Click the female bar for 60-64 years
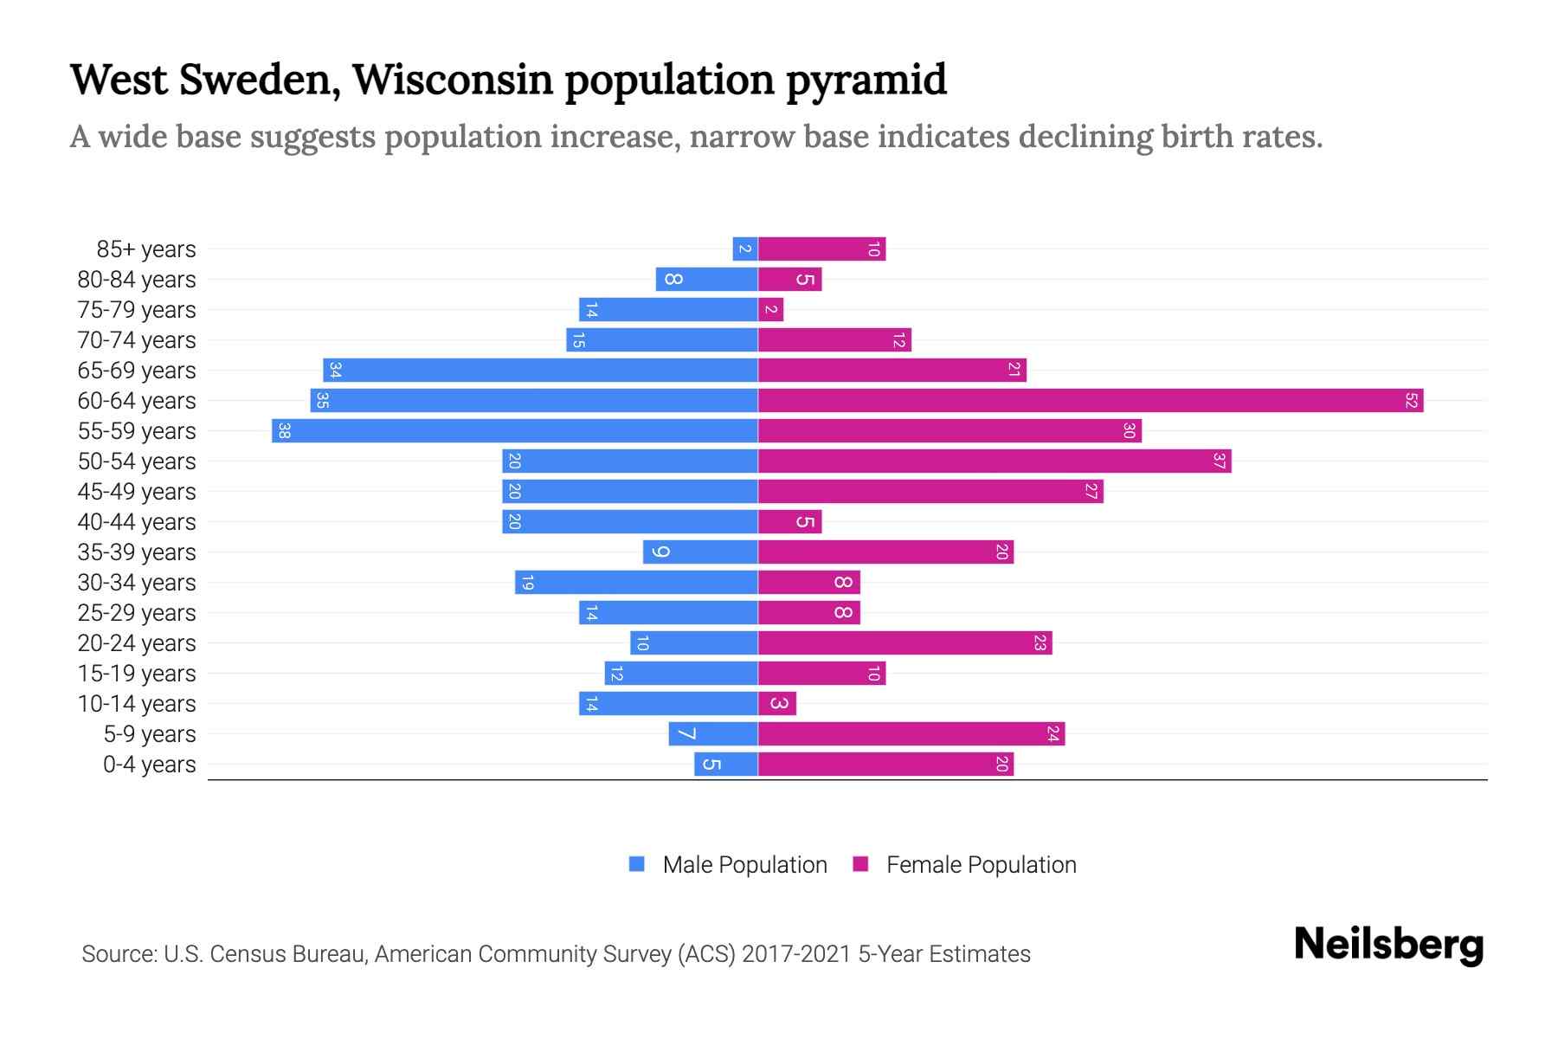tap(1091, 401)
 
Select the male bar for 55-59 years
tap(515, 431)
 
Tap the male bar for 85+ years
tap(745, 249)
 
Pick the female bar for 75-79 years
tap(770, 310)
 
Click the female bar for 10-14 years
tap(777, 704)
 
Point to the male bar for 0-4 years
tap(726, 765)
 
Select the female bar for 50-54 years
tap(995, 461)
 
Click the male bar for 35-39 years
tap(700, 552)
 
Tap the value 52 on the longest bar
tap(1411, 401)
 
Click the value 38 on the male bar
tap(284, 431)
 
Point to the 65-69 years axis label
tap(137, 371)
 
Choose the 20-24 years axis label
tap(137, 643)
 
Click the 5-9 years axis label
tap(150, 734)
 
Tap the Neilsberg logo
tap(1388, 945)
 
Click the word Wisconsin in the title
tap(453, 80)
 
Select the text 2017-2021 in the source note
tap(796, 954)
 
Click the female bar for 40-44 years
tap(789, 522)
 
